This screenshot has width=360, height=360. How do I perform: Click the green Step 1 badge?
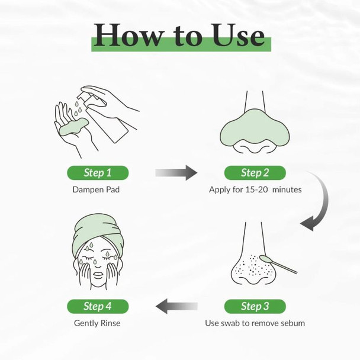coord(98,173)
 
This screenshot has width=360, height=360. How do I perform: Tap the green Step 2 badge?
coord(255,173)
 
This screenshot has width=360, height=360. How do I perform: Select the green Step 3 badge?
coord(255,306)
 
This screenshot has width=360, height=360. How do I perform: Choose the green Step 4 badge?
coord(98,306)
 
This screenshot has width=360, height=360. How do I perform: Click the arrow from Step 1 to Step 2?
coord(176,173)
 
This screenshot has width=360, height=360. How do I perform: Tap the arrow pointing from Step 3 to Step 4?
coord(176,306)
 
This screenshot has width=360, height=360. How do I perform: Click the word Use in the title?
coord(238,35)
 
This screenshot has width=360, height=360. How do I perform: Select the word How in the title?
coord(128,35)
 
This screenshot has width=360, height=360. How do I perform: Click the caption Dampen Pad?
coord(96,189)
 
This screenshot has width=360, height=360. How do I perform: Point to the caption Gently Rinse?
coord(97,323)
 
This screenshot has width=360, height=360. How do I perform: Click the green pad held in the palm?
coord(73,127)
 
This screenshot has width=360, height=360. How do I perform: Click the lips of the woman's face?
coord(98,275)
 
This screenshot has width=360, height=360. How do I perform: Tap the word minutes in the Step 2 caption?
coord(287,189)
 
